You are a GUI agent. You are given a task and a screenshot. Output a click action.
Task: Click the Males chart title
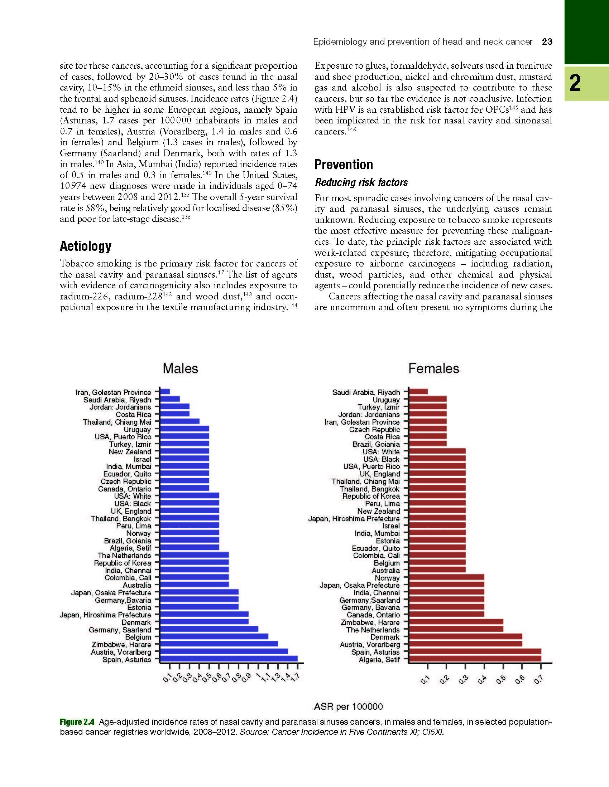tap(180, 368)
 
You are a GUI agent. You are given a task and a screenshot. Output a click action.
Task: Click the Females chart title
tap(433, 368)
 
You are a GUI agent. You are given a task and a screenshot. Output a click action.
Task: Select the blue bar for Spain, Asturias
tap(229, 659)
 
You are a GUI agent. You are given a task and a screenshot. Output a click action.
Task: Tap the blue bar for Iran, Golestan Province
tap(165, 392)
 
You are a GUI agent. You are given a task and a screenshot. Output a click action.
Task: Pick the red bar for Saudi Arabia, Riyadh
tap(418, 392)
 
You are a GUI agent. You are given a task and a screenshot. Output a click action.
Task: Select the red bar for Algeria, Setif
tap(475, 659)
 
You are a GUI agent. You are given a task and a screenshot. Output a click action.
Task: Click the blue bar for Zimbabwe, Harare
tap(219, 644)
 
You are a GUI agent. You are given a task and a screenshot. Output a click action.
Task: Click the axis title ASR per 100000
tap(348, 707)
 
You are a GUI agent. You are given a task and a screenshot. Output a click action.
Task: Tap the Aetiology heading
tap(86, 246)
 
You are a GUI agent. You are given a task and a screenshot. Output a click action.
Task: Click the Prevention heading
tap(344, 165)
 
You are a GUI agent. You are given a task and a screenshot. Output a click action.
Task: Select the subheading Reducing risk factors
tap(361, 182)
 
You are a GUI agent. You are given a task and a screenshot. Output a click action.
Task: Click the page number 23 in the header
tap(547, 42)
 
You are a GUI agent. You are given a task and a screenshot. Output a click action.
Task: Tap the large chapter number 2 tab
tap(575, 83)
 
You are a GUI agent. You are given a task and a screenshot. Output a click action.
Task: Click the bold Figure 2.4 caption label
tap(77, 722)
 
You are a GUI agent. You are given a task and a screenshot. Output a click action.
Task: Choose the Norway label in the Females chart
tap(387, 578)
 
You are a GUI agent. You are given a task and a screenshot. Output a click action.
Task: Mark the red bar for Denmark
tap(465, 637)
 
